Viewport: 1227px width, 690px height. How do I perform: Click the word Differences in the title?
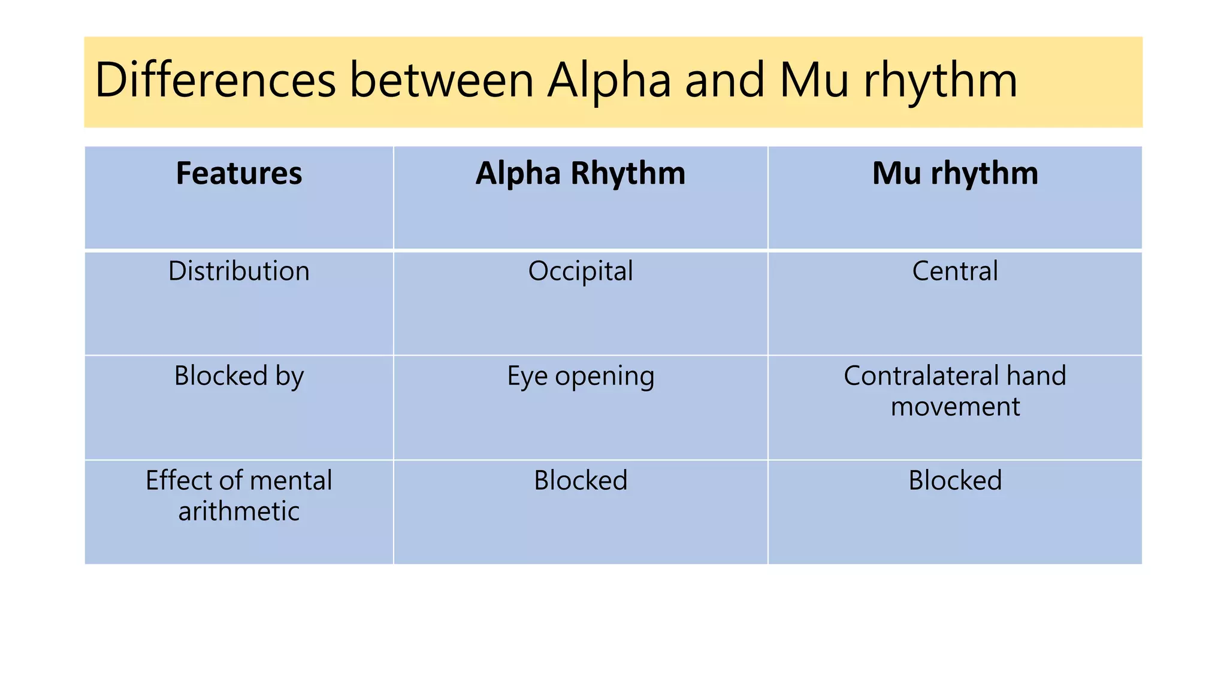(x=215, y=81)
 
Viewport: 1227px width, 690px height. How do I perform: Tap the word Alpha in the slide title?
(x=609, y=81)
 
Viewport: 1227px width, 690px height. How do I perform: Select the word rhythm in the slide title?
(x=940, y=81)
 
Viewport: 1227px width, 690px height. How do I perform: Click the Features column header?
(x=239, y=174)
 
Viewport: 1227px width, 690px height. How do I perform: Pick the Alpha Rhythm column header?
(x=580, y=174)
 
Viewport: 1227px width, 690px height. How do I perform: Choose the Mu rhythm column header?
(x=954, y=174)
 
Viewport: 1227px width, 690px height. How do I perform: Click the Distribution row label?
(x=239, y=271)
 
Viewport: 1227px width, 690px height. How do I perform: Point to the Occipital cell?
(x=580, y=271)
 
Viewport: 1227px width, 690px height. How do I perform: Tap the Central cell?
(x=954, y=271)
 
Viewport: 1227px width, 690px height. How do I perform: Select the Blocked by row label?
(x=239, y=376)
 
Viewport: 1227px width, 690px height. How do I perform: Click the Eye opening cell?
(x=580, y=376)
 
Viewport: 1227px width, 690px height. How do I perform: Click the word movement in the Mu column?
(x=955, y=407)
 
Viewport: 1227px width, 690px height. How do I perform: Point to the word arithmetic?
(x=239, y=512)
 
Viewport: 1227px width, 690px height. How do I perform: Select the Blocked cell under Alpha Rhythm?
(x=580, y=480)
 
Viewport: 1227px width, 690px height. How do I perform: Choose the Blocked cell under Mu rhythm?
(x=954, y=480)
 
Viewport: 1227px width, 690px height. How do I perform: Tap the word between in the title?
(x=442, y=81)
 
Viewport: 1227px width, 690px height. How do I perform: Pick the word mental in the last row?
(x=291, y=480)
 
